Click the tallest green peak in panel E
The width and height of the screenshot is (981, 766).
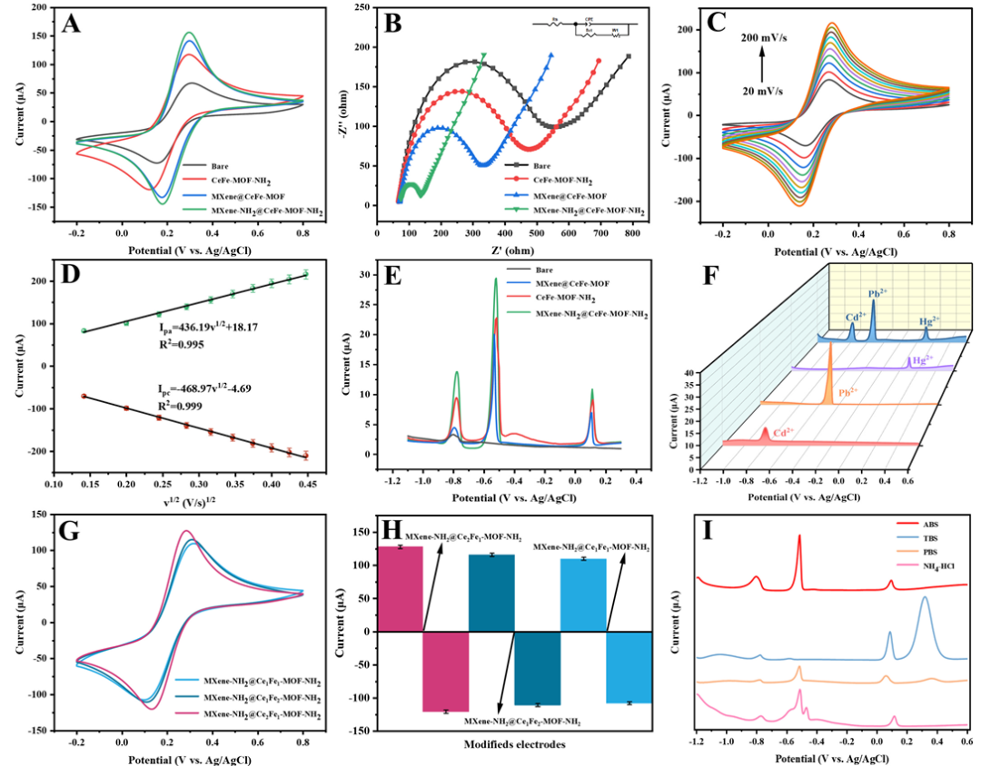pyautogui.click(x=496, y=280)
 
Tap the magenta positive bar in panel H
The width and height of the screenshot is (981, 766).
pyautogui.click(x=400, y=589)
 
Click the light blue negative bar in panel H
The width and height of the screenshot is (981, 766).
pyautogui.click(x=629, y=667)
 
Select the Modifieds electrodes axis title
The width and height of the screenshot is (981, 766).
pyautogui.click(x=517, y=744)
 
